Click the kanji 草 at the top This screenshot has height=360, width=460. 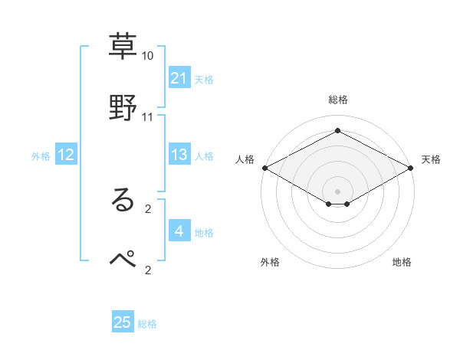tap(123, 44)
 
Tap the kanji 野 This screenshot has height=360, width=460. tap(123, 106)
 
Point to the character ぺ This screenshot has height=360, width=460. tap(123, 258)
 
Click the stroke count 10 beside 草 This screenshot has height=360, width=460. tap(148, 56)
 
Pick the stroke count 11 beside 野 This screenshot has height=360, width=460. tap(148, 117)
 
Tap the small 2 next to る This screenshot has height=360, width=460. tap(148, 208)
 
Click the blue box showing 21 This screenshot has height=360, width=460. tap(179, 78)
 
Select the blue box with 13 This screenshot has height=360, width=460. tap(179, 155)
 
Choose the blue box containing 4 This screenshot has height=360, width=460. tap(179, 231)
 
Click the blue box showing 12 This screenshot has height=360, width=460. tap(66, 155)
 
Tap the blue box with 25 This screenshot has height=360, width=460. tap(123, 322)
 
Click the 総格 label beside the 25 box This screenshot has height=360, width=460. tap(147, 324)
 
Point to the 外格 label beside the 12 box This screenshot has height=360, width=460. tap(41, 156)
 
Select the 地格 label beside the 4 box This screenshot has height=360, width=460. tap(204, 233)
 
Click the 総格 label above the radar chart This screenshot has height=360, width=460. tap(337, 100)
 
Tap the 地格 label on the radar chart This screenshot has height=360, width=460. tap(402, 263)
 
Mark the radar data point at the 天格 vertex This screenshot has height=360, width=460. tap(412, 168)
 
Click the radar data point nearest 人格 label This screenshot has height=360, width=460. tap(264, 168)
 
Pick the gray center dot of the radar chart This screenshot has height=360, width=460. tap(337, 191)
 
